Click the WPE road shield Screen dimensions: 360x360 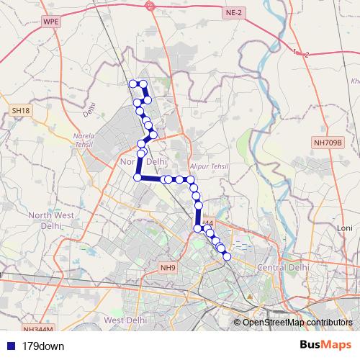pos(51,22)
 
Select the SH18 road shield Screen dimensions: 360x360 pos(20,110)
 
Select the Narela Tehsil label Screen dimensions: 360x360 pos(85,140)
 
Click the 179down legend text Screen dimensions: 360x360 pos(43,346)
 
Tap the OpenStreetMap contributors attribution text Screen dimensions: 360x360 pos(297,323)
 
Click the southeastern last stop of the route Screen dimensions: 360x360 pos(227,256)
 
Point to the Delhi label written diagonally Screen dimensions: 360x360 pos(89,109)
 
